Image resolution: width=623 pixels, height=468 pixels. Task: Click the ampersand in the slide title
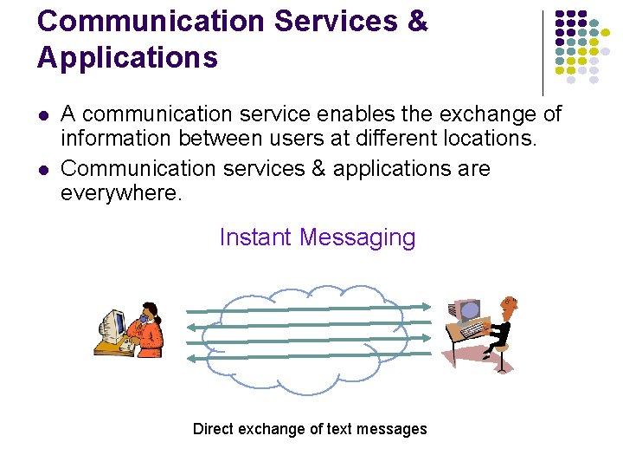[415, 22]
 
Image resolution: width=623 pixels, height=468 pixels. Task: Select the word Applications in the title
[127, 58]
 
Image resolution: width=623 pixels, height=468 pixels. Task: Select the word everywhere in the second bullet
[121, 192]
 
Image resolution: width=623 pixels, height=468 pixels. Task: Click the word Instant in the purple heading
[256, 237]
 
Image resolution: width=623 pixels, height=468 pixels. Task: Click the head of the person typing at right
[510, 304]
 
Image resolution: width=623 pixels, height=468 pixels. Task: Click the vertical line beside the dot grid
[543, 52]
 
